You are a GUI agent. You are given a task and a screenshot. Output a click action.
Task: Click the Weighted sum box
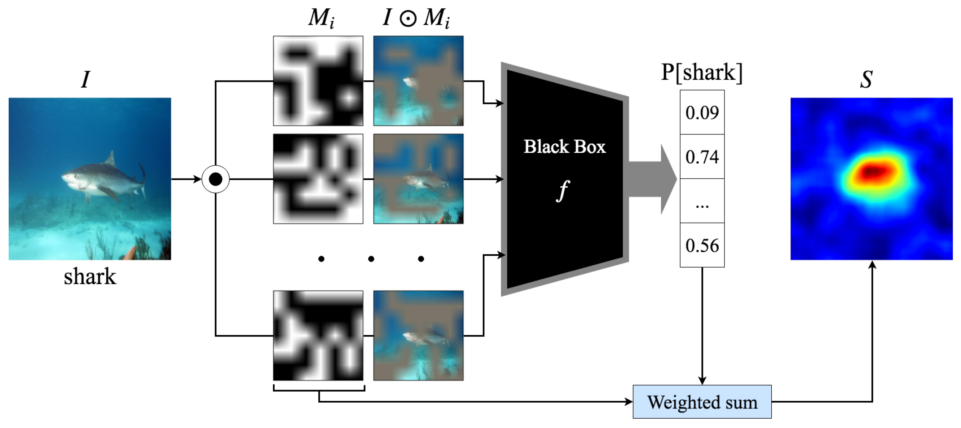[702, 402]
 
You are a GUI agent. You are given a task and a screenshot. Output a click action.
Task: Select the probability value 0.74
[702, 157]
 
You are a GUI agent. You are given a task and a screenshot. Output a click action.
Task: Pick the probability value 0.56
[702, 246]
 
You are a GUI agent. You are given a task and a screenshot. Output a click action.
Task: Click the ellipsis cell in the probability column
[702, 202]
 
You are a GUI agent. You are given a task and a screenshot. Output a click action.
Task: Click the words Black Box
[564, 147]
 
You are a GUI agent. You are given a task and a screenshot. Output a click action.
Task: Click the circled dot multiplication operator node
[216, 179]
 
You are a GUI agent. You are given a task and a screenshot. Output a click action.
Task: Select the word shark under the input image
[90, 277]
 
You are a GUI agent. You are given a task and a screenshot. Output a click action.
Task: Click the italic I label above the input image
[85, 79]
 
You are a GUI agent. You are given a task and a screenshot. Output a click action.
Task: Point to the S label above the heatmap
[866, 79]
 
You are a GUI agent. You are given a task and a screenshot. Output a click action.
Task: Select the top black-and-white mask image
[318, 81]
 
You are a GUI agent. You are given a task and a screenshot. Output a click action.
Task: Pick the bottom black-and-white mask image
[318, 335]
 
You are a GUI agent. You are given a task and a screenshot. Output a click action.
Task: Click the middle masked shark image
[418, 179]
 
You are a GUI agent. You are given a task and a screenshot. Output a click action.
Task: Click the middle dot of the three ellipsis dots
[371, 259]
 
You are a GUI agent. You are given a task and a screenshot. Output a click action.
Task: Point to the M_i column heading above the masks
[321, 18]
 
